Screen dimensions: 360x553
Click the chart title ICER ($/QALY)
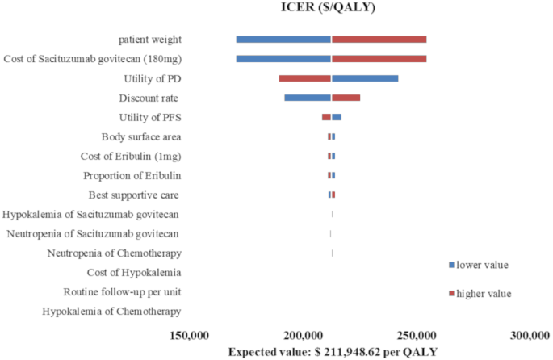332,9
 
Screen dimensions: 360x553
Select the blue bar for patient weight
283,39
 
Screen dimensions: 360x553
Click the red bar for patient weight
379,39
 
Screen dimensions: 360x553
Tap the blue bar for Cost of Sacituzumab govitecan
283,58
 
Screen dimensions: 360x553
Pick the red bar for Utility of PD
305,78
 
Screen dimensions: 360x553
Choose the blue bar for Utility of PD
365,78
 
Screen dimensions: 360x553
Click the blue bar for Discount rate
308,98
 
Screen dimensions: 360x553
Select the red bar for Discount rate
346,98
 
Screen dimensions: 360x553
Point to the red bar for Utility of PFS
326,117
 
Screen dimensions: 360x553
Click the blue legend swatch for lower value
451,265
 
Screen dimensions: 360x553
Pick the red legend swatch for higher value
451,293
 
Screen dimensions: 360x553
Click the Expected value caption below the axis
333,352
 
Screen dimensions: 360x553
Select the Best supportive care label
133,195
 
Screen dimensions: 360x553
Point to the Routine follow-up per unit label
122,291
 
